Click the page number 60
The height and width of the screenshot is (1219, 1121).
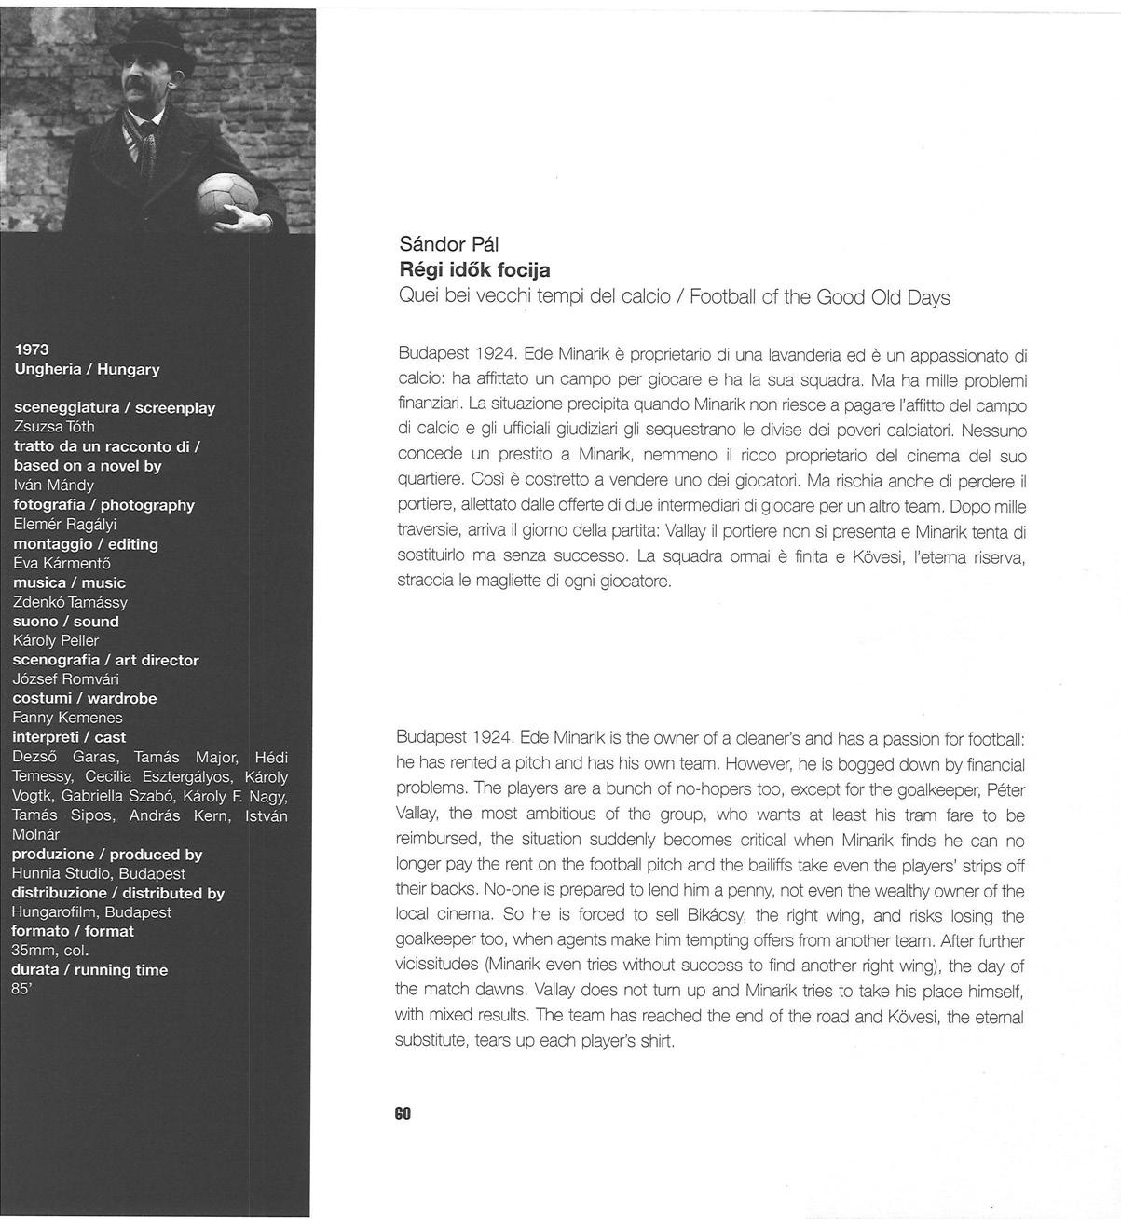[x=403, y=1114]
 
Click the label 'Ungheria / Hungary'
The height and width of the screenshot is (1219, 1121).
[x=88, y=369]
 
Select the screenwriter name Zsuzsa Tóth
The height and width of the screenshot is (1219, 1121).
[x=54, y=427]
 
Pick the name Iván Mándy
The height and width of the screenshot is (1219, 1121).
[x=53, y=485]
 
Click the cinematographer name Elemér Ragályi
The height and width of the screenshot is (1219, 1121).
[x=65, y=524]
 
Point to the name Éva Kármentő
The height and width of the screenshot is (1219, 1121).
[x=62, y=563]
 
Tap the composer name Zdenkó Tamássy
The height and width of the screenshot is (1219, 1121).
[x=71, y=602]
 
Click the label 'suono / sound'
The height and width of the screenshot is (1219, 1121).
[x=66, y=622]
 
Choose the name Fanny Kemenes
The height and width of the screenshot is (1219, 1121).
[x=67, y=718]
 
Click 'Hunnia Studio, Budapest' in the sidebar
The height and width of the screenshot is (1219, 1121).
[x=99, y=873]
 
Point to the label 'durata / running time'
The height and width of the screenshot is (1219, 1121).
[x=90, y=970]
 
